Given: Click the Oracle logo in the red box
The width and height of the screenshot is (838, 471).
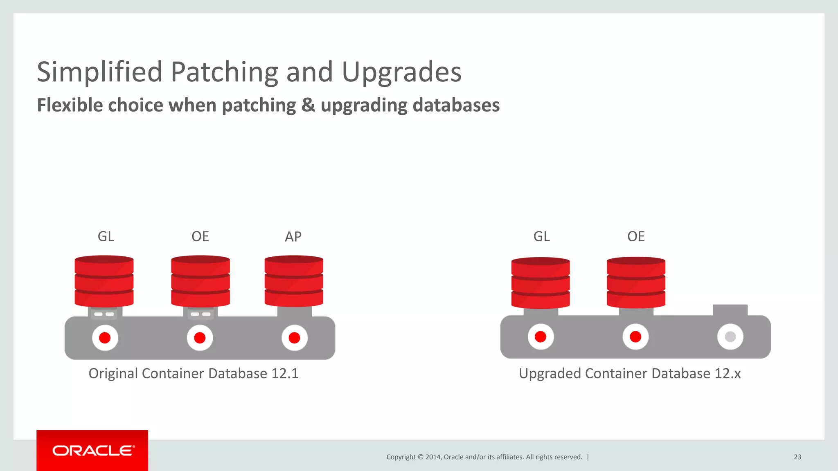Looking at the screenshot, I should coord(93,451).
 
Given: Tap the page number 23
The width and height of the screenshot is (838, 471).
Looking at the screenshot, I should coord(797,457).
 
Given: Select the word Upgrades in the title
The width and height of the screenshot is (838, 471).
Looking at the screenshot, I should coord(401,72).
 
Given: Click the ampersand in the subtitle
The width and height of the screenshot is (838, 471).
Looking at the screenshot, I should coord(308,105).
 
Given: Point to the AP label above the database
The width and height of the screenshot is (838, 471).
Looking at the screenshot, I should coord(293,237).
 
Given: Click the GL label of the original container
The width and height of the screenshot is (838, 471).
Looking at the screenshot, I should coord(106,236).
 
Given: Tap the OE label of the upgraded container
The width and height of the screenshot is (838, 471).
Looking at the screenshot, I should coord(636,236).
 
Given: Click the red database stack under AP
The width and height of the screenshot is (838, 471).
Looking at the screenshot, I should coord(294,281).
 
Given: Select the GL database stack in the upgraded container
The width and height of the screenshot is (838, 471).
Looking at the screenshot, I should coord(541,283).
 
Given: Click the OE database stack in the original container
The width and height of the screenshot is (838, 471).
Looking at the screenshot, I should coord(200,281).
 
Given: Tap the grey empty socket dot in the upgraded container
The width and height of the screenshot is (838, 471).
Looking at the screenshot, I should coord(730,337).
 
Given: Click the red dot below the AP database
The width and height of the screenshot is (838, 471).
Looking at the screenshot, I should coord(294,338).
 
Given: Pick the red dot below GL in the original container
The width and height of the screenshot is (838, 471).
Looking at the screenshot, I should coord(105,338).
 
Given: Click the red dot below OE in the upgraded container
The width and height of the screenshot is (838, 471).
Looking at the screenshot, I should coord(635,337).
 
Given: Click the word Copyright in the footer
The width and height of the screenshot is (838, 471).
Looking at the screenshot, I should coord(401,457).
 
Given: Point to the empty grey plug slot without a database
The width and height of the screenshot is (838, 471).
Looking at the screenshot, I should coord(730,310).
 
